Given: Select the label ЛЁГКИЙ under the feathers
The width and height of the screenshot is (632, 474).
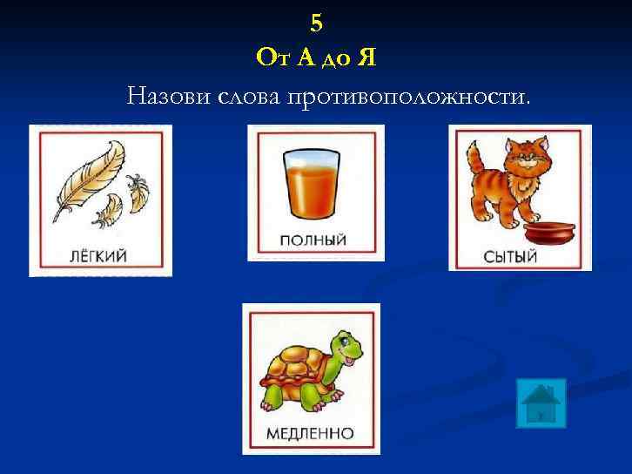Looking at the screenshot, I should (x=98, y=255).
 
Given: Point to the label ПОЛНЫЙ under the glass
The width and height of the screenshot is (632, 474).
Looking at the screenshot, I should (x=314, y=239).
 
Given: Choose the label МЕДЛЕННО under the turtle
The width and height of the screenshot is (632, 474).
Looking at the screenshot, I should (x=311, y=433).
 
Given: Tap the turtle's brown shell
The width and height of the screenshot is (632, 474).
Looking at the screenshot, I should (x=296, y=366).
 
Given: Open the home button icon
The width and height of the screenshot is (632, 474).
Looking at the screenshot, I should (x=541, y=403).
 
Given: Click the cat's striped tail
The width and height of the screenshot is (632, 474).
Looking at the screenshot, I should (x=473, y=160).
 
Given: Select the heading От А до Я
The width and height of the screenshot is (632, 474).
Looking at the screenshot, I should (x=316, y=58).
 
